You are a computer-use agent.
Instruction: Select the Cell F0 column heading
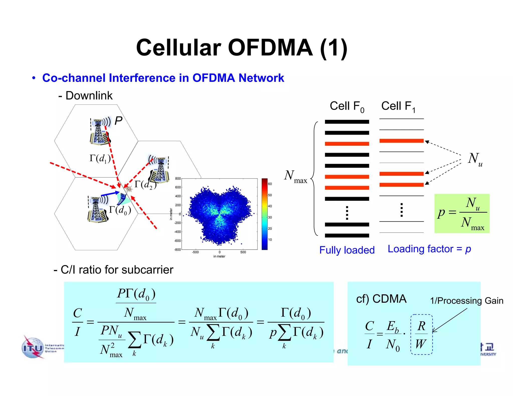(347, 106)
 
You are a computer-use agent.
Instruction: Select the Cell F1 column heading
(398, 106)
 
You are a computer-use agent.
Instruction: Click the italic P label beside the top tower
(118, 121)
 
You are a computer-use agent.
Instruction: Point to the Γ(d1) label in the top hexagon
(100, 158)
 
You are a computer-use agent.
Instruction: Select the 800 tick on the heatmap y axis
(178, 178)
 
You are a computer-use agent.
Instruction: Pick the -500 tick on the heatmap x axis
(195, 252)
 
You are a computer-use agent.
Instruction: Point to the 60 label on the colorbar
(270, 184)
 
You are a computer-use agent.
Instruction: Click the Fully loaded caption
(347, 250)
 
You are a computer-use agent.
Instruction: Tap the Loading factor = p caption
(429, 249)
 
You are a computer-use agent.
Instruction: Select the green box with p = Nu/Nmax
(462, 214)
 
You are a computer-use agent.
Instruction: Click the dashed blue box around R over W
(421, 334)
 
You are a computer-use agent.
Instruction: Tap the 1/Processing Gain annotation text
(466, 301)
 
